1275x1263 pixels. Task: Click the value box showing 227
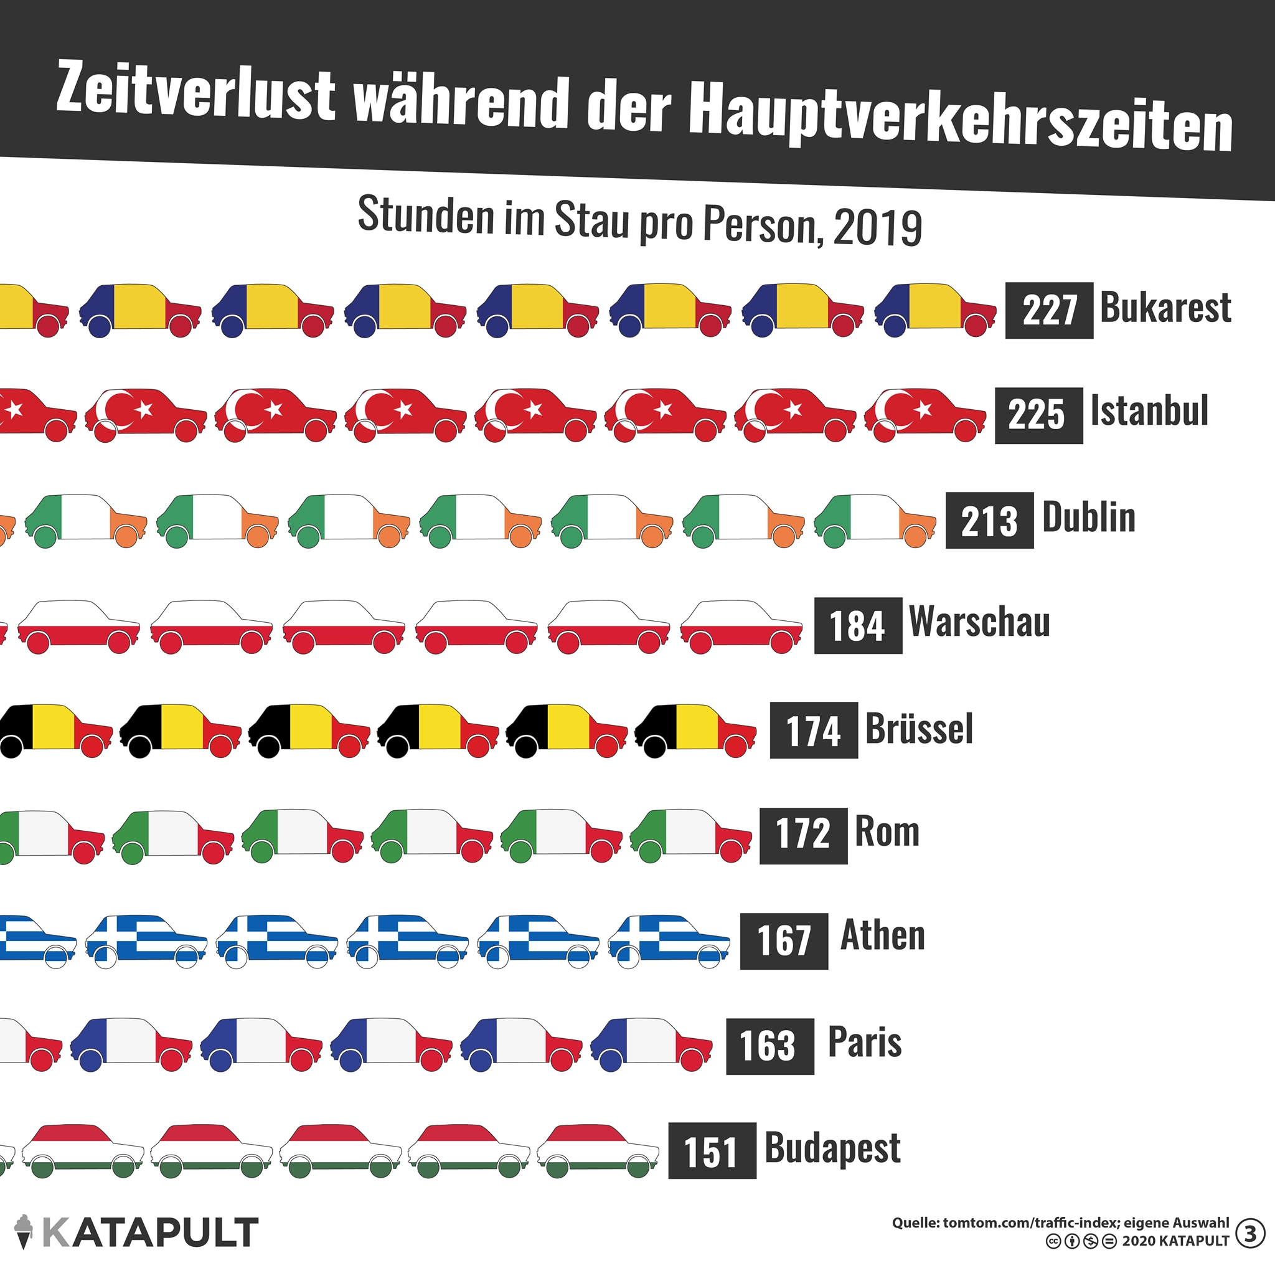1048,310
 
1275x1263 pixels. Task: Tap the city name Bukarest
1165,308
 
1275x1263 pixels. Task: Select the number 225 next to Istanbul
1038,415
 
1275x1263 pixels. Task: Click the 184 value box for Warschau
857,625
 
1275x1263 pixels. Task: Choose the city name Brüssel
919,728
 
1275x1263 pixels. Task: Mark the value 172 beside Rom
802,835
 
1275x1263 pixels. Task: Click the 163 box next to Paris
769,1046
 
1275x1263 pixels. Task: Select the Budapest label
832,1148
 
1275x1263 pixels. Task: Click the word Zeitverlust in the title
195,92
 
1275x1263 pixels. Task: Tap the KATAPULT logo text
151,1232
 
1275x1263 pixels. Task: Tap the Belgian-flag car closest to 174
695,729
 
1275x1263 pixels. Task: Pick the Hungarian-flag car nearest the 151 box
597,1150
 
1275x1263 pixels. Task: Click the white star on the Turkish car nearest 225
923,410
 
